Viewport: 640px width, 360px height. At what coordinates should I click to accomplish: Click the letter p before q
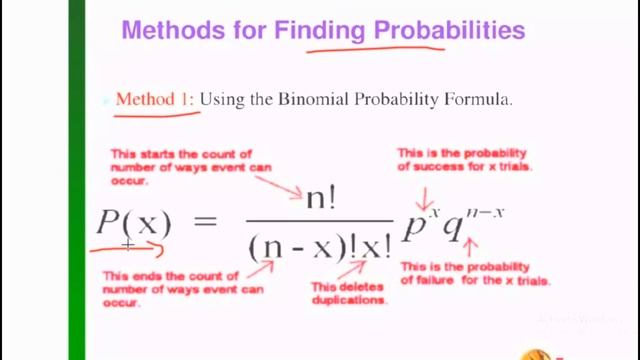(412, 225)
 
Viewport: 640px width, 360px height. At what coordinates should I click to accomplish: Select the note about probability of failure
(475, 273)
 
